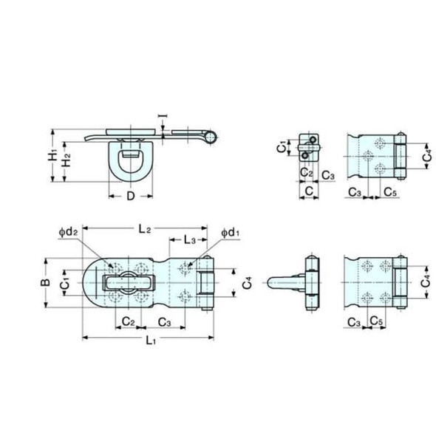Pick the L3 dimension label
188,241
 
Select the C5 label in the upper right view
391,191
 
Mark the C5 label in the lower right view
376,322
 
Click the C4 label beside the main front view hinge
245,282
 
